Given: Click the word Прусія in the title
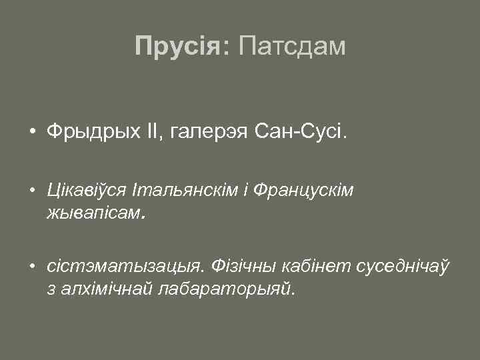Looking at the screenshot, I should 178,46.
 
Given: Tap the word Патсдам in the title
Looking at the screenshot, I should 291,46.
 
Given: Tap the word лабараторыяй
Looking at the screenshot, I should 224,290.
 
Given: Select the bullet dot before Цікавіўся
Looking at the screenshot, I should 32,191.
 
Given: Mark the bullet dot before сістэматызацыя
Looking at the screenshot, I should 32,267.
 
